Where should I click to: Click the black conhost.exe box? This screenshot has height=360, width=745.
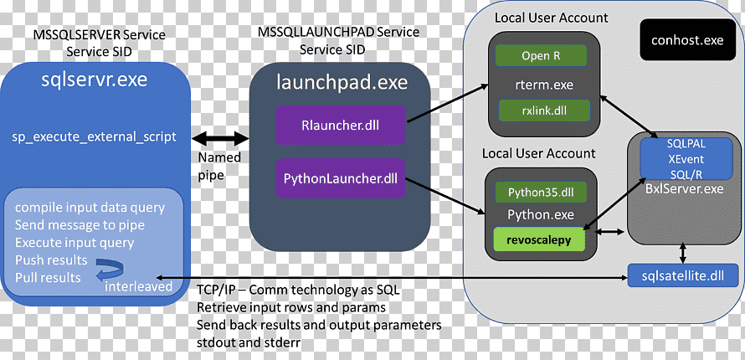coord(687,39)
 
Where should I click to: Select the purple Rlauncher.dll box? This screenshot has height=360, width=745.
coord(340,126)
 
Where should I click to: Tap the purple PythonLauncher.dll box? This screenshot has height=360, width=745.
coord(340,179)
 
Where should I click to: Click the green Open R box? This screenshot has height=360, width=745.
coord(541,55)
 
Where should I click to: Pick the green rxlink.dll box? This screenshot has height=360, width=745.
coord(544,111)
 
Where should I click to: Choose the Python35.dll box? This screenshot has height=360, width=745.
coord(541,193)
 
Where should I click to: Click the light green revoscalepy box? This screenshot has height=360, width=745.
coord(539,239)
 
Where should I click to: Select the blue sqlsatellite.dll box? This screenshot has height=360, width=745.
coord(684,275)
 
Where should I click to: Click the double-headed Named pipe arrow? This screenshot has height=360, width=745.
coord(220,139)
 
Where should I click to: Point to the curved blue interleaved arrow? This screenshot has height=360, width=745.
coord(110,270)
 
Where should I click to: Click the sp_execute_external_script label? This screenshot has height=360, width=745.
coord(94,136)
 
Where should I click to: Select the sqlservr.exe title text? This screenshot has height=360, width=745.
coord(94,80)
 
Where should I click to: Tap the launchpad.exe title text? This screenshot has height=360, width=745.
coord(342,83)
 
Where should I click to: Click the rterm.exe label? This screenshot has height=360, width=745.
coord(544,85)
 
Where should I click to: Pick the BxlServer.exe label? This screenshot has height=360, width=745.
coord(685,188)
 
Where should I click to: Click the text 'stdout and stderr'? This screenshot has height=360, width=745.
coord(248,342)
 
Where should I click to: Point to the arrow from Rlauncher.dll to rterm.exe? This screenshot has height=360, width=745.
coord(448,103)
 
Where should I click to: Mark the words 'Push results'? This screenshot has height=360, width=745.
coord(51,260)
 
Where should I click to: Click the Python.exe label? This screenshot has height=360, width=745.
coord(541,214)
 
